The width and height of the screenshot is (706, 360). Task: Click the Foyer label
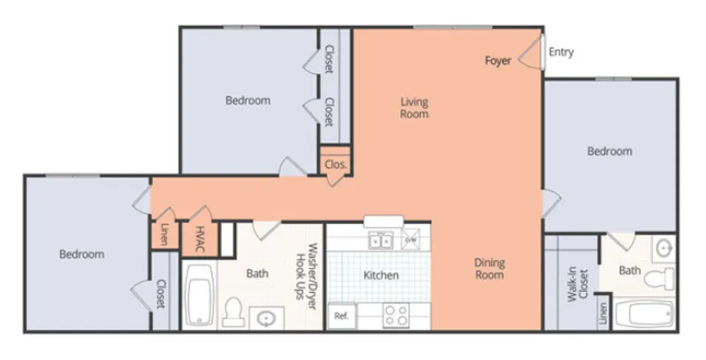498,61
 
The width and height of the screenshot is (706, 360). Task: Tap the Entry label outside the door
561,52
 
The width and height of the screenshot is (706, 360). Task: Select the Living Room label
414,108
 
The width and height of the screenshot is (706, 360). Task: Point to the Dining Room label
489,269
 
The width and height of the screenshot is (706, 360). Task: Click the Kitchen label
381,276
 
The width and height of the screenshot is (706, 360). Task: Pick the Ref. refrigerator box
342,316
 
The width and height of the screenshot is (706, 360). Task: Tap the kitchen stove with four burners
396,316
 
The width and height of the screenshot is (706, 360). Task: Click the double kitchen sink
381,240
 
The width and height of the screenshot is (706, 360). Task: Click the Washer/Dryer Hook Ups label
306,276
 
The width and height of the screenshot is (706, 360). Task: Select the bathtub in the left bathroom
199,296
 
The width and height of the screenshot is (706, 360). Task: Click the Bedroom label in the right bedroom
609,152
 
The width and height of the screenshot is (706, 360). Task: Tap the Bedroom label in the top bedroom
248,101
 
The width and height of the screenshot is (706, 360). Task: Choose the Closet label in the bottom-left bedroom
161,294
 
